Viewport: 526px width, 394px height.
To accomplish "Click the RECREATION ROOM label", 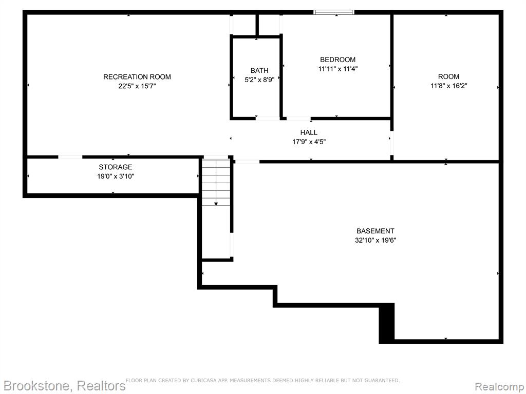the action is tap(137, 77).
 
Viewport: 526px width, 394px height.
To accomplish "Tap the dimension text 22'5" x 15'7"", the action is tap(137, 86).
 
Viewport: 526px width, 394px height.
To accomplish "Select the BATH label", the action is tap(259, 70).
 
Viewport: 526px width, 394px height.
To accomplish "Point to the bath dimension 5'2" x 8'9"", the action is tap(259, 80).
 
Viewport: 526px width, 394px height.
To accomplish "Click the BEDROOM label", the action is tap(337, 60).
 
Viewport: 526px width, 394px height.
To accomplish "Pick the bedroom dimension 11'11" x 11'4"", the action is tap(337, 69).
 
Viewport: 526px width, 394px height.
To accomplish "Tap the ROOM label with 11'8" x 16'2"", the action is tap(448, 76).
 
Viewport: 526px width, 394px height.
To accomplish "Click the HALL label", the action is tap(309, 132).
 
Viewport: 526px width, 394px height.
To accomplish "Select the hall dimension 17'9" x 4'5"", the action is tap(309, 142).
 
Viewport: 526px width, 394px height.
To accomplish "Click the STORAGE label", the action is tap(116, 167).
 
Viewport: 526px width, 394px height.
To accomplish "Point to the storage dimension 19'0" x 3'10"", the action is tap(116, 176).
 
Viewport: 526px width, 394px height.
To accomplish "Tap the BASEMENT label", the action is tap(375, 231).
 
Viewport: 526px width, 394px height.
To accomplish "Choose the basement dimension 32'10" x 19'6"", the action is tap(375, 240).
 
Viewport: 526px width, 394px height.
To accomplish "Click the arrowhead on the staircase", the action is tap(216, 204).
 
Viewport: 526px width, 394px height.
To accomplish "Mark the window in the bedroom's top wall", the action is tap(334, 12).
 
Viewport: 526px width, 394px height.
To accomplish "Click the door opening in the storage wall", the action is tap(70, 157).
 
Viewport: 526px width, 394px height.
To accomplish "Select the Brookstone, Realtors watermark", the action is tap(64, 386).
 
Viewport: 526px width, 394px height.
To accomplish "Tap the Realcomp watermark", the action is tap(499, 386).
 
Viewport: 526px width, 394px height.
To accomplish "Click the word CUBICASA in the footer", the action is tap(203, 380).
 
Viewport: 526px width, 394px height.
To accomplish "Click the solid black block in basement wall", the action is tap(386, 323).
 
